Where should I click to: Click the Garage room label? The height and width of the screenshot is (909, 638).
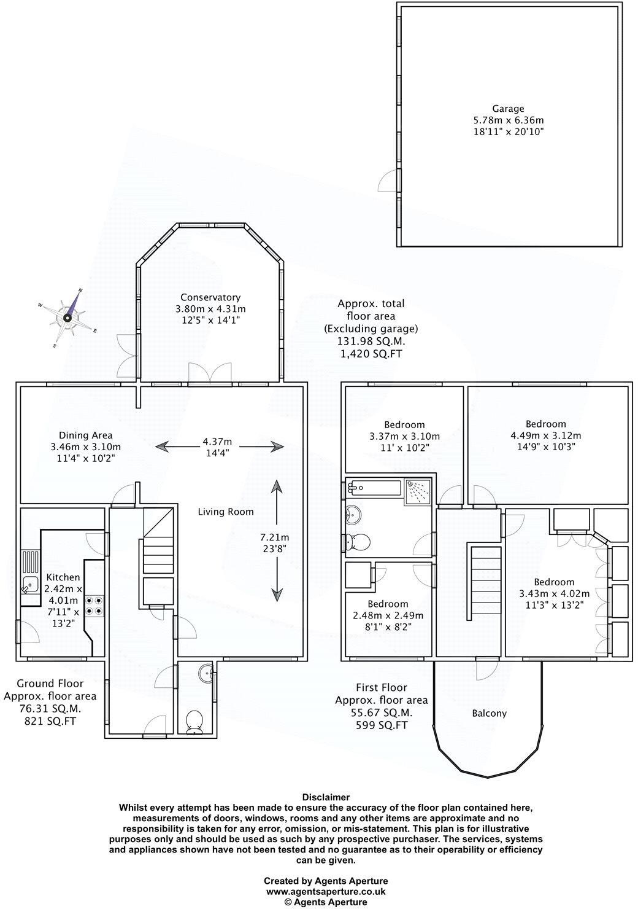[507, 109]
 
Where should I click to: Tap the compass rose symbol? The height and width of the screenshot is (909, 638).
[67, 318]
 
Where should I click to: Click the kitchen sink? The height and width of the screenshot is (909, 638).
[29, 583]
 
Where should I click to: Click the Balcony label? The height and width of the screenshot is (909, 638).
[489, 713]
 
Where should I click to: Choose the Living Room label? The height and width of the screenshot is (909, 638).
[225, 511]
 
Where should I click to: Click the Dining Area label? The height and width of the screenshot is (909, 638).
[85, 435]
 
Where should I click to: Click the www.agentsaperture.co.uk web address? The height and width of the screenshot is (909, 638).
[326, 891]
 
